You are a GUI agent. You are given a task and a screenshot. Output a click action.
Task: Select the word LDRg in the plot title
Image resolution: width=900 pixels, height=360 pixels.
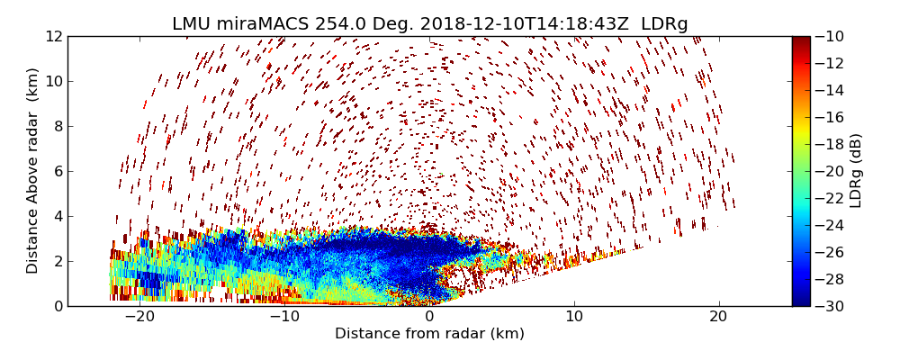[664, 24]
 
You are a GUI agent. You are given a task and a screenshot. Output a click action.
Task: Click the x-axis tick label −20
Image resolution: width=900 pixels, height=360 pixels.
[139, 317]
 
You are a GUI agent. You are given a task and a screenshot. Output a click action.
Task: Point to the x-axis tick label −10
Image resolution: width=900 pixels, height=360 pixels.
[284, 317]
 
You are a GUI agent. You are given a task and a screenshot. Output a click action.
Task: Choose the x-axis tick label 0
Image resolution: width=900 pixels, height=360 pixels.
[429, 317]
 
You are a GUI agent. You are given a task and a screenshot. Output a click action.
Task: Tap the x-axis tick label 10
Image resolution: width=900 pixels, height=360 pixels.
[574, 317]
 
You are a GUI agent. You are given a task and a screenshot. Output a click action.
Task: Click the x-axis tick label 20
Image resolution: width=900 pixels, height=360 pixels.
[718, 317]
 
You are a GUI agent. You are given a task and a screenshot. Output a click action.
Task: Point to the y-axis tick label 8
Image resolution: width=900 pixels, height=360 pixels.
[58, 127]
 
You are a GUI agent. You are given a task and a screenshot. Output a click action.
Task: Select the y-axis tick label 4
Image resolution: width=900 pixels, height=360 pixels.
[58, 217]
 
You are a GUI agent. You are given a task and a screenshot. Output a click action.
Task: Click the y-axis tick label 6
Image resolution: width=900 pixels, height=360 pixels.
[58, 172]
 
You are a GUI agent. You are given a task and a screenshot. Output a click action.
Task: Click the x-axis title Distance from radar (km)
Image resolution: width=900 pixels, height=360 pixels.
[429, 334]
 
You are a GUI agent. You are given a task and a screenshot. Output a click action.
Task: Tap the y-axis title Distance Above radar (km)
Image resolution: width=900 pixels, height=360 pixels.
[33, 171]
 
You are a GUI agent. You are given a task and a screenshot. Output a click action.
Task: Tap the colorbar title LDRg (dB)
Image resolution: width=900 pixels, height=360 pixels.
[856, 171]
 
